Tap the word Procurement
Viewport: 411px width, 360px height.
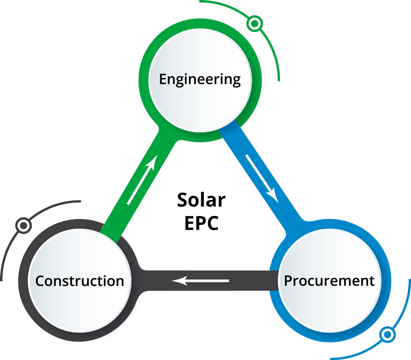pyautogui.click(x=329, y=281)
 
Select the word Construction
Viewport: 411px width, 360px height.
pyautogui.click(x=80, y=281)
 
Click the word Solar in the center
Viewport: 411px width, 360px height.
pyautogui.click(x=201, y=199)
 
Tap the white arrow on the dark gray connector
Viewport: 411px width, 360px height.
pyautogui.click(x=200, y=281)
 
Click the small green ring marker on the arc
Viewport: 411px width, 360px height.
pyautogui.click(x=254, y=24)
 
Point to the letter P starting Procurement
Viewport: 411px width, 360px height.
pyautogui.click(x=288, y=281)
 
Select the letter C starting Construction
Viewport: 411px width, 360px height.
pyautogui.click(x=40, y=281)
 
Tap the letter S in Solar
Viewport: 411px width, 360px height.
pyautogui.click(x=182, y=199)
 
